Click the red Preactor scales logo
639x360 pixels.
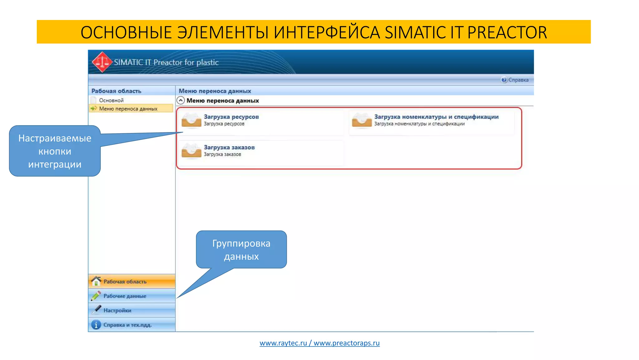click(x=102, y=62)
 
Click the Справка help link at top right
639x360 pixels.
click(x=518, y=80)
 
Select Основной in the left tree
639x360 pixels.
click(x=111, y=100)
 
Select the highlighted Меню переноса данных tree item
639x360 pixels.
click(x=128, y=109)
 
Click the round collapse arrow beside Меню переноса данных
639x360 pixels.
click(x=181, y=101)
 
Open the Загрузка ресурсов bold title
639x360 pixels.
click(x=231, y=117)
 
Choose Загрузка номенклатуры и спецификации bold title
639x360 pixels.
click(x=436, y=117)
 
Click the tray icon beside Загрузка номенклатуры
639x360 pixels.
click(x=362, y=120)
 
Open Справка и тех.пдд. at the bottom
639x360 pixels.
click(x=127, y=325)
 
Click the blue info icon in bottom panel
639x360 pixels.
click(x=96, y=325)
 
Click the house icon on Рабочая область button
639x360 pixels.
click(x=96, y=281)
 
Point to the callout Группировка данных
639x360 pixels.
click(x=241, y=250)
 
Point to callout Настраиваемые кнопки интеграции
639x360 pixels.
click(x=55, y=151)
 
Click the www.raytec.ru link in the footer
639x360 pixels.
click(x=283, y=343)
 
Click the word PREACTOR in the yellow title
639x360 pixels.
click(x=507, y=32)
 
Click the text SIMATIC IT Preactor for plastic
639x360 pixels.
click(x=166, y=62)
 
